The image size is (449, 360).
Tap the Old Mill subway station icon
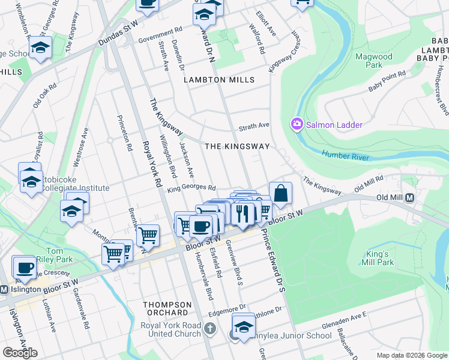pyautogui.click(x=411, y=198)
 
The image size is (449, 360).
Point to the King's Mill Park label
pyautogui.click(x=378, y=258)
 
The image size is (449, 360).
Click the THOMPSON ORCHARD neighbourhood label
pyautogui.click(x=167, y=308)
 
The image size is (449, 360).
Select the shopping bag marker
pyautogui.click(x=280, y=194)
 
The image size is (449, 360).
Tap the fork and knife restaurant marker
pyautogui.click(x=243, y=214)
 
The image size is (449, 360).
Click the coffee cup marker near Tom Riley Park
pyautogui.click(x=25, y=267)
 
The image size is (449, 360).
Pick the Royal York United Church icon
pyautogui.click(x=209, y=328)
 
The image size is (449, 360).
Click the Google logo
pyautogui.click(x=20, y=353)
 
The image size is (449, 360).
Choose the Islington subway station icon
pyautogui.click(x=4, y=289)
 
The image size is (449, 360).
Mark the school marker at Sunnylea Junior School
pyautogui.click(x=243, y=326)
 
